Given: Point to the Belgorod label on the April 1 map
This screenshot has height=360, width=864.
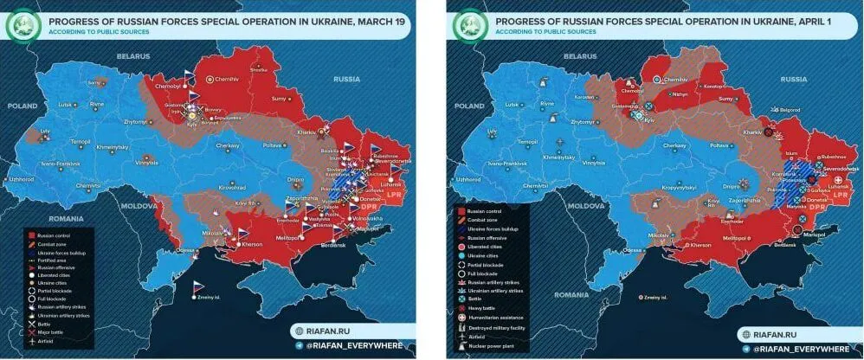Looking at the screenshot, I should (x=790, y=111).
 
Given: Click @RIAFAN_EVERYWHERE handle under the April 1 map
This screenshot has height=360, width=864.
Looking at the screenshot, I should (x=800, y=348).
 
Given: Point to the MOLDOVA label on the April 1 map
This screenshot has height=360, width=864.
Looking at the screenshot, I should (x=582, y=206).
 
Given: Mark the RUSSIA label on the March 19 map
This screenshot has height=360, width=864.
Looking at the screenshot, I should (x=345, y=79).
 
